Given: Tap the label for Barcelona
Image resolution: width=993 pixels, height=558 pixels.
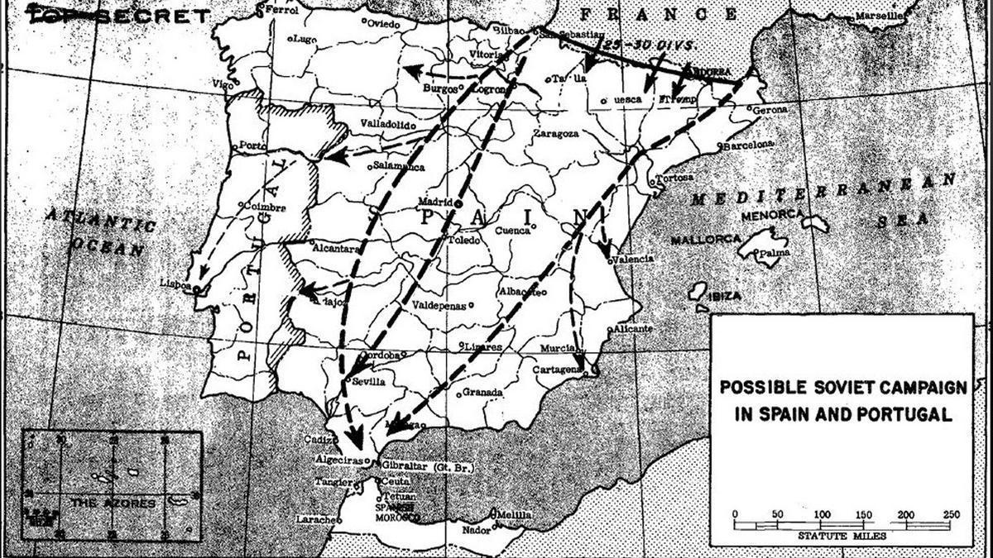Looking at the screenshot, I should point(748,145).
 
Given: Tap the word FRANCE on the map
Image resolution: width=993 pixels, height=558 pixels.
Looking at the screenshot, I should point(658,14).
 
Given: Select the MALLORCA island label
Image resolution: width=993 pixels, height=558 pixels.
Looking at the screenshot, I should point(705,239).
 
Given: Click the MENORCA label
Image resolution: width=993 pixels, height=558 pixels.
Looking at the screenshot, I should point(775,214).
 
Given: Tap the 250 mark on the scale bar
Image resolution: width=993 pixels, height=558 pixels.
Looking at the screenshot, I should point(951,514).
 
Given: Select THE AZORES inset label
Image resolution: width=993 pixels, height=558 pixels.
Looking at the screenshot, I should point(113,503).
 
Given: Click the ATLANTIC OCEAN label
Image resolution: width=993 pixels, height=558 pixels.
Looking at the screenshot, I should point(99,232).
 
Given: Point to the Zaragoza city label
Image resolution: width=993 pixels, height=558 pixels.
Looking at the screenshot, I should point(555,132).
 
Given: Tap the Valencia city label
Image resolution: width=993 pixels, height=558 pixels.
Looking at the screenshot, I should point(634,259).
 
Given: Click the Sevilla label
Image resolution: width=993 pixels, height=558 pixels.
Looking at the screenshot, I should point(368,382).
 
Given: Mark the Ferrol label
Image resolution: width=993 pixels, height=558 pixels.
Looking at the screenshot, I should point(281,11).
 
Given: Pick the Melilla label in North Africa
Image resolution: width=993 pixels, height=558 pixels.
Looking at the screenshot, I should point(514,516).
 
